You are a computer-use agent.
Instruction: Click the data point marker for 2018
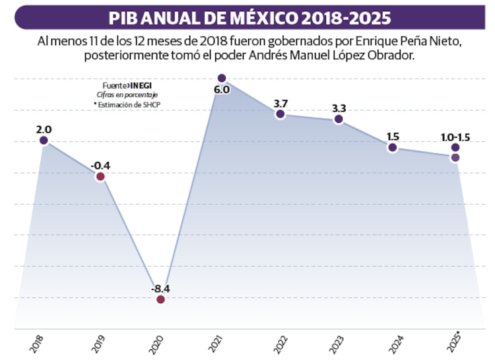click(44, 140)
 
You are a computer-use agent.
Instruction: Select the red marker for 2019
click(100, 176)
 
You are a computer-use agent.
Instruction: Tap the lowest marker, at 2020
click(160, 299)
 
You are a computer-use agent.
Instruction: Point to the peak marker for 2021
click(222, 78)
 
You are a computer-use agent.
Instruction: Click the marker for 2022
click(280, 114)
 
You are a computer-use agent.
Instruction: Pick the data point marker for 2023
click(339, 119)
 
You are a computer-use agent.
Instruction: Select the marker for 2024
click(393, 147)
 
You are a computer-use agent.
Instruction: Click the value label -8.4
click(160, 288)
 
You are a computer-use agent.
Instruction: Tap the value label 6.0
click(222, 90)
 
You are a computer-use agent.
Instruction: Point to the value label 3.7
click(280, 103)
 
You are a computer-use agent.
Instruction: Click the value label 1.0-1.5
click(455, 137)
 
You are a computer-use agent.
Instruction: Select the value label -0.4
click(100, 165)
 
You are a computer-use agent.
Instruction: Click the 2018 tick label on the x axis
click(37, 343)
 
